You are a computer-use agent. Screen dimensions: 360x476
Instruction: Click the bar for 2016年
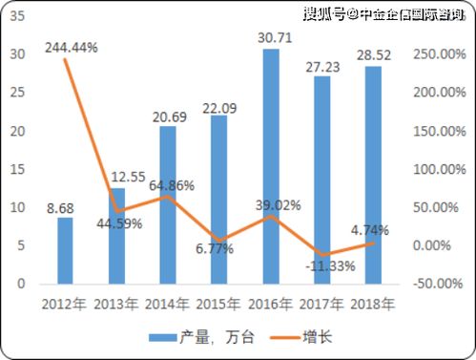tap(271, 167)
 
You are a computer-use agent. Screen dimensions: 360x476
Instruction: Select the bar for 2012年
tap(65, 250)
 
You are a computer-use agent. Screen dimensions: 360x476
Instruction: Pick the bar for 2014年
tap(168, 204)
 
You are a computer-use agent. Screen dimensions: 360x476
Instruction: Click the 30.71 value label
tap(272, 36)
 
